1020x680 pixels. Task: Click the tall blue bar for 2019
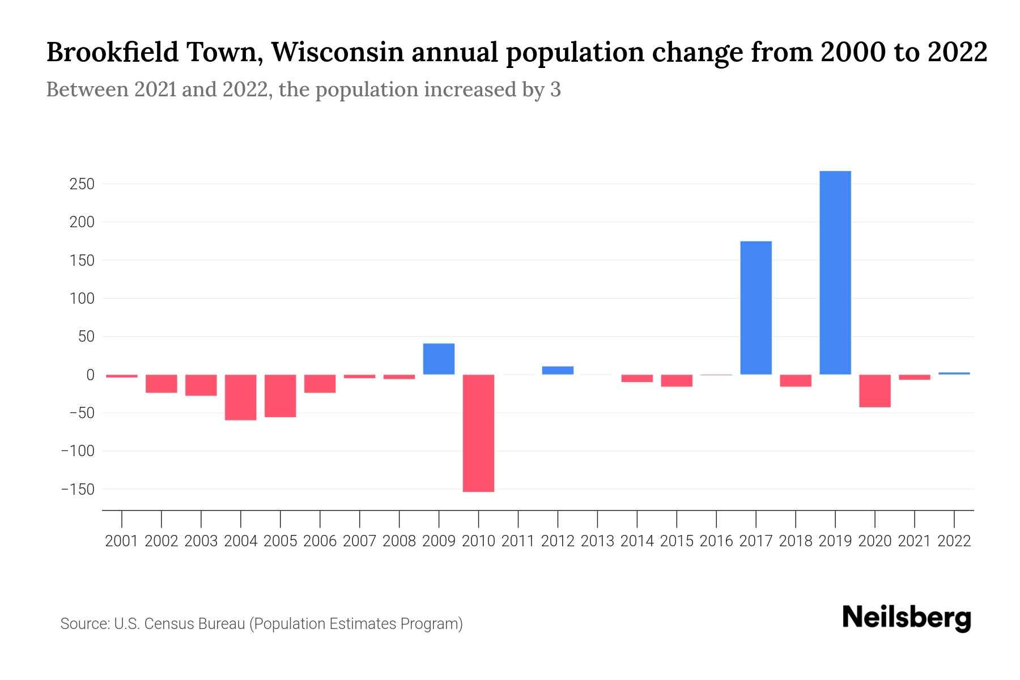click(x=835, y=273)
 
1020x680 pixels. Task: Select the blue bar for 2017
click(x=755, y=308)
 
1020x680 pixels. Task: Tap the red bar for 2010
click(x=478, y=433)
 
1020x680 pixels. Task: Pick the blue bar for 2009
click(x=439, y=359)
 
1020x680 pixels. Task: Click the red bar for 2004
click(x=240, y=397)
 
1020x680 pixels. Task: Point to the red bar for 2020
click(x=874, y=390)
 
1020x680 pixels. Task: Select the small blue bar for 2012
click(x=558, y=370)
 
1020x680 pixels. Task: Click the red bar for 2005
click(x=280, y=396)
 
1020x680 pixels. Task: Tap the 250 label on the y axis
click(x=82, y=184)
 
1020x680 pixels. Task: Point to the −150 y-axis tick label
click(x=78, y=489)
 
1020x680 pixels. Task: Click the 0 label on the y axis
click(x=90, y=375)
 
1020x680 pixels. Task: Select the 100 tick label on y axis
click(x=82, y=298)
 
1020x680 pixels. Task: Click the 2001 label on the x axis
click(x=122, y=541)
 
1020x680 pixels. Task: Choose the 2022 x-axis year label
click(x=954, y=541)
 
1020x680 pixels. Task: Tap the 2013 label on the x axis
click(x=597, y=541)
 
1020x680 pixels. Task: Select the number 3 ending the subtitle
click(x=555, y=90)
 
